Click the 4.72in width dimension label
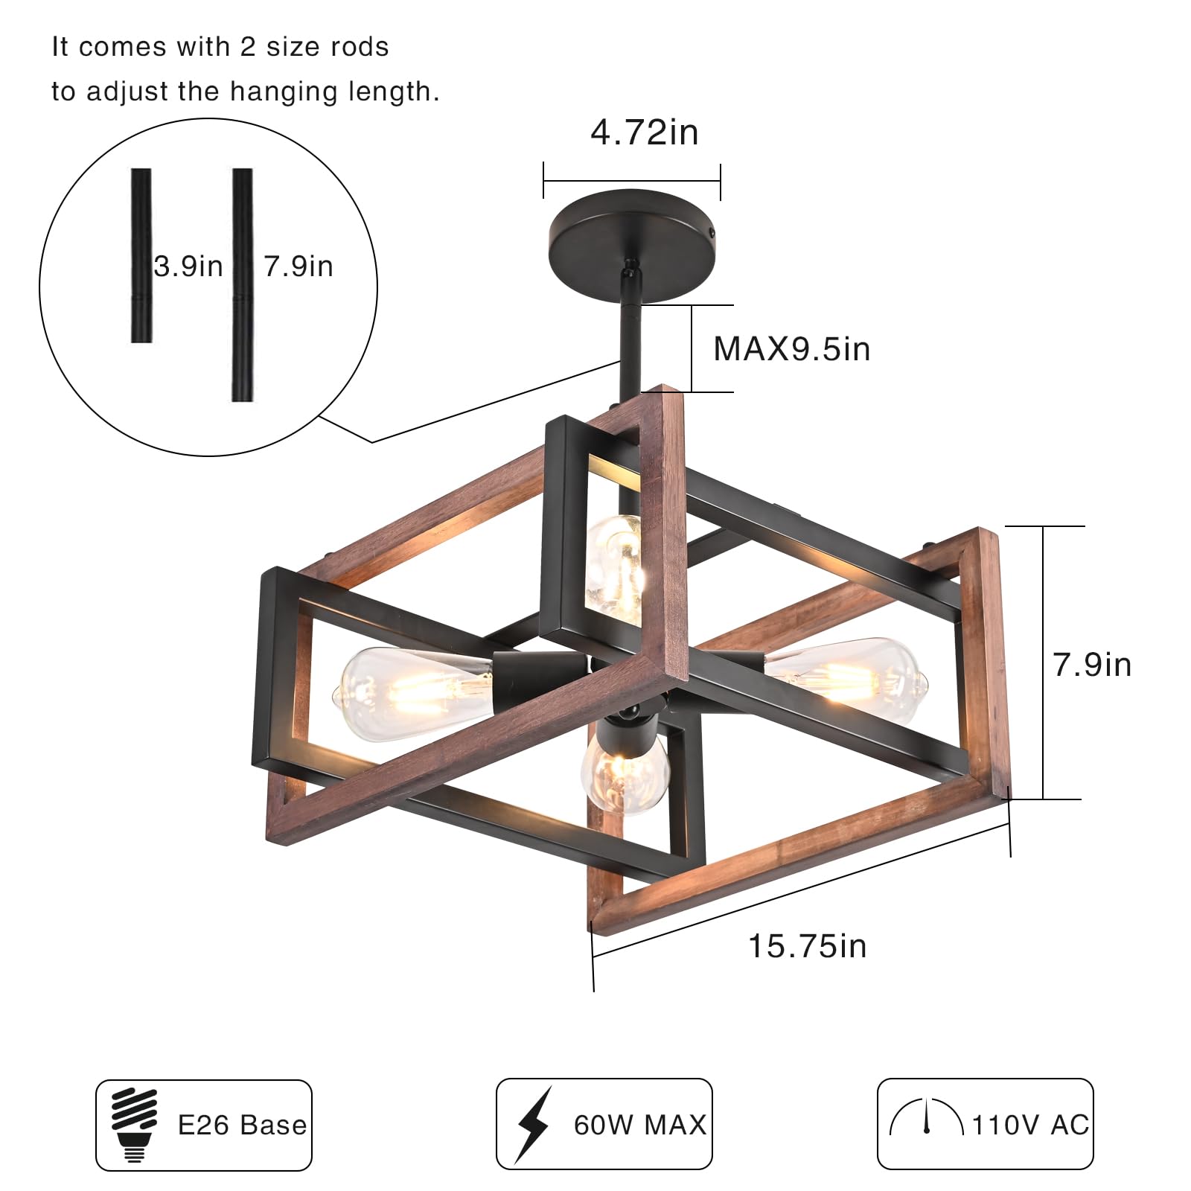click(645, 133)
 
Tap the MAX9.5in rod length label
click(792, 349)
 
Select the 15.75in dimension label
click(808, 947)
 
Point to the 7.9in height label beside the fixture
click(1092, 665)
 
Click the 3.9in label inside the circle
click(188, 266)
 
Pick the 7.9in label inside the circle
click(298, 266)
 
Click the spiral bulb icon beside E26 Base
click(135, 1124)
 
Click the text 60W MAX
click(639, 1125)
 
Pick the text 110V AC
click(1030, 1125)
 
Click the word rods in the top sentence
click(360, 47)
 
